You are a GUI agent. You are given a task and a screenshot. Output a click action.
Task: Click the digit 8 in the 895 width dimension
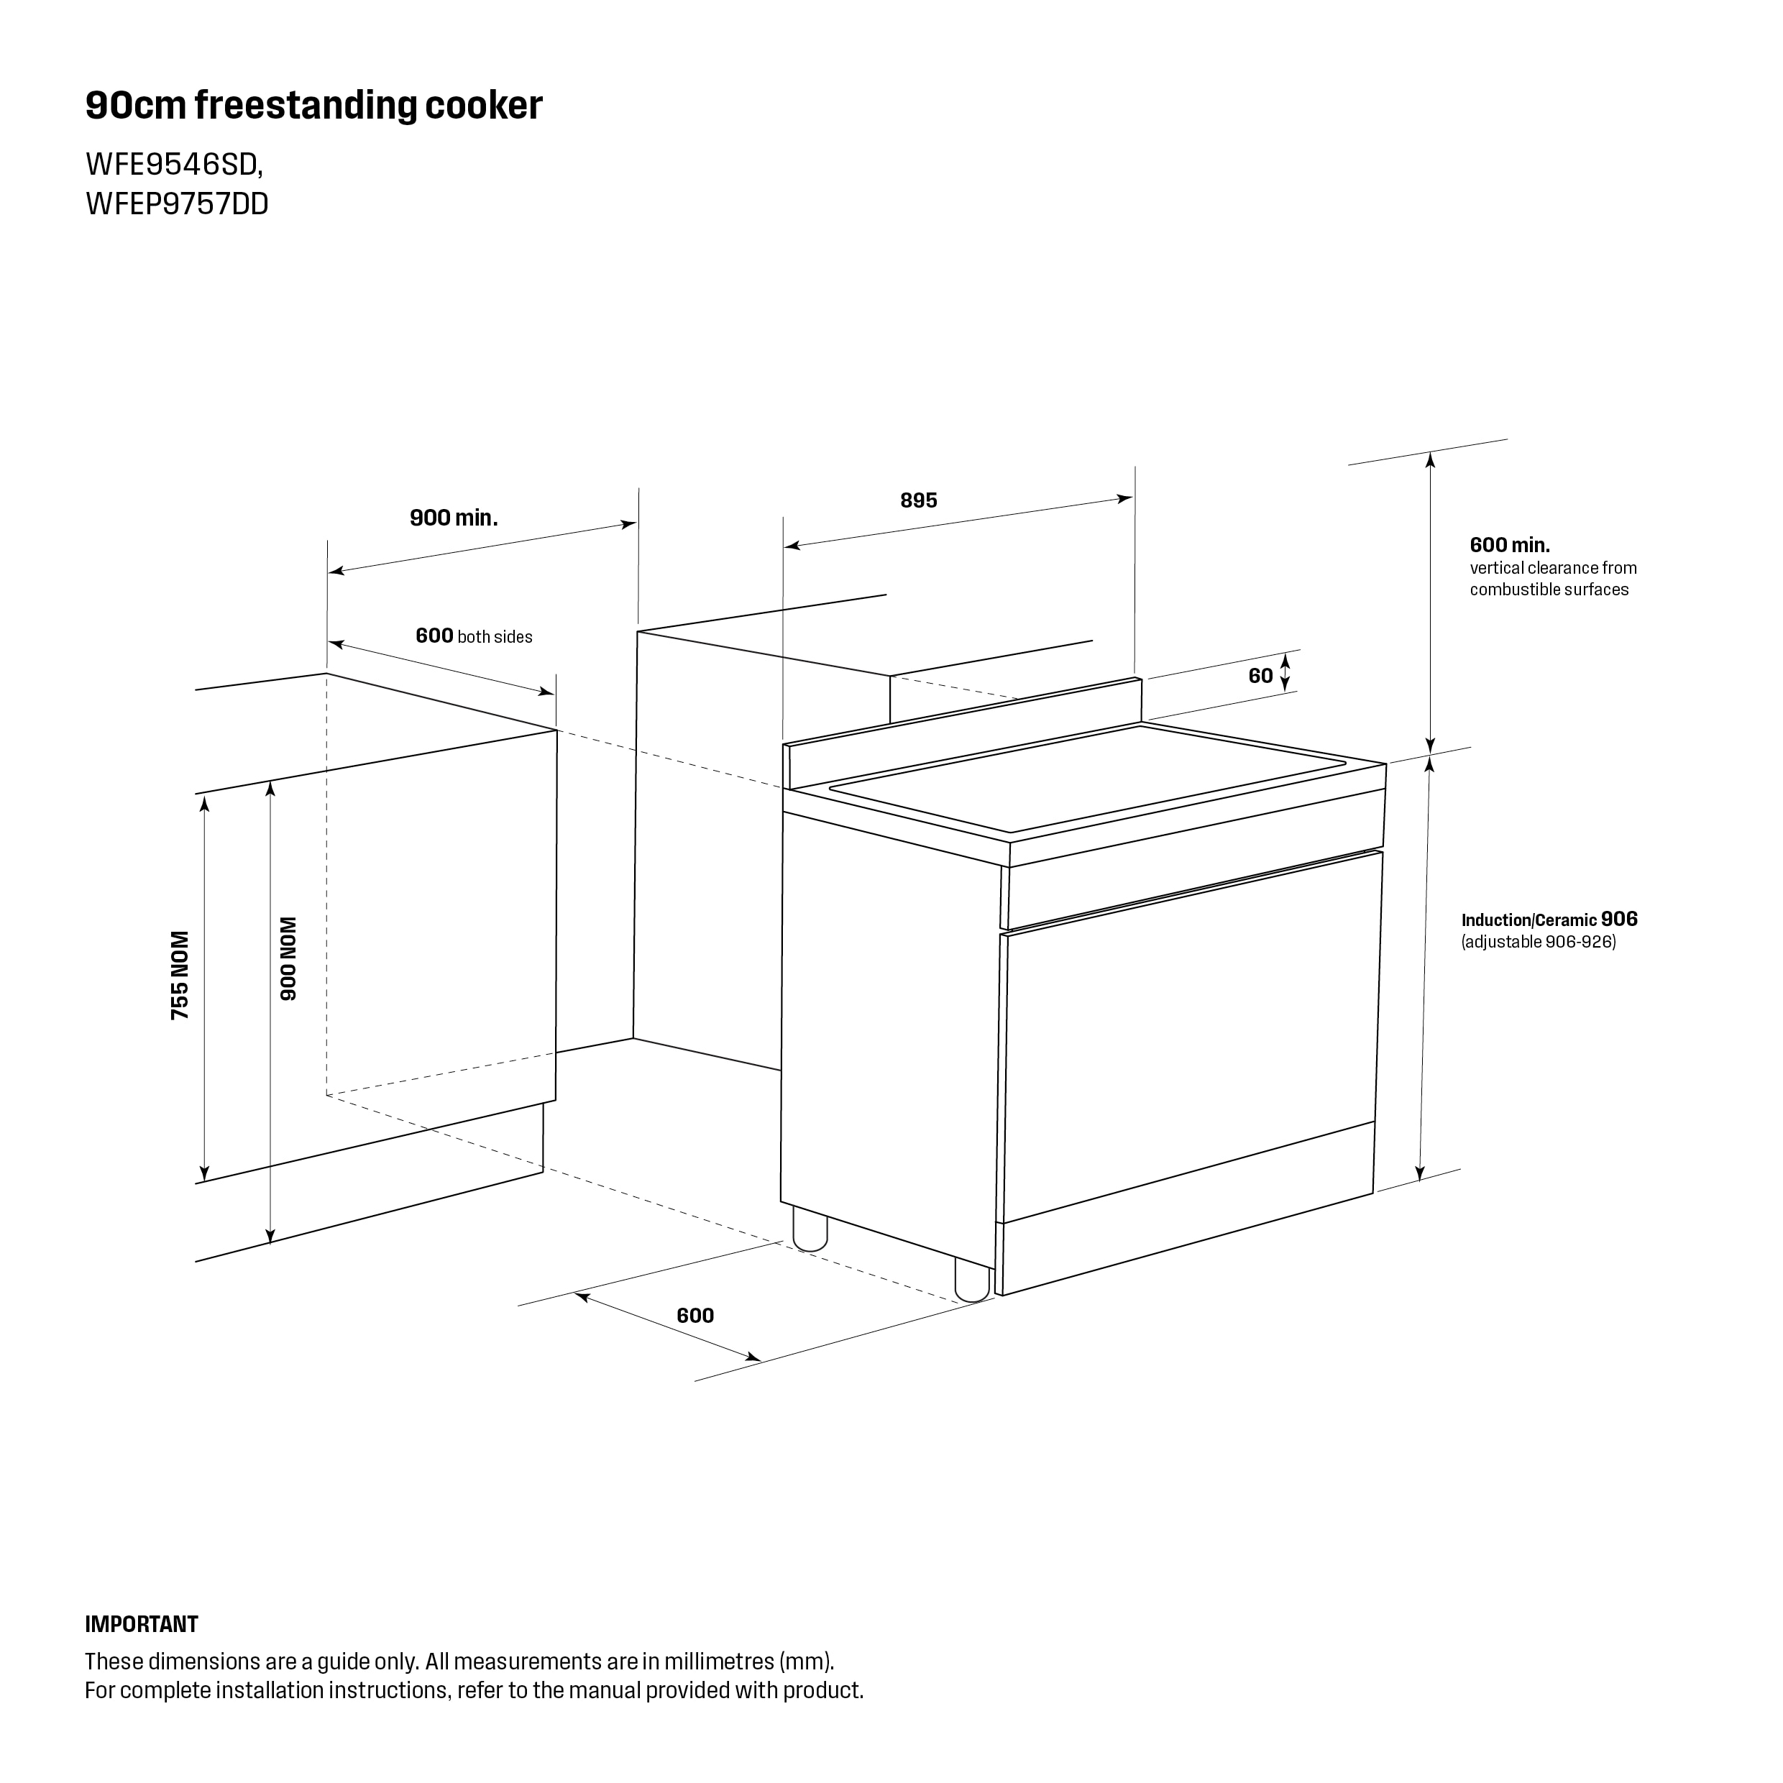click(907, 500)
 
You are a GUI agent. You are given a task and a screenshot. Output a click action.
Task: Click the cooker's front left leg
click(810, 1234)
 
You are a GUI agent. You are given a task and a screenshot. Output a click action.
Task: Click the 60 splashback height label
click(1260, 676)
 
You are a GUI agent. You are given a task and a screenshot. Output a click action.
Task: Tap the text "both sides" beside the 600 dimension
click(495, 637)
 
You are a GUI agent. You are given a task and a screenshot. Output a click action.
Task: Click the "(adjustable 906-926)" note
click(1539, 943)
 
